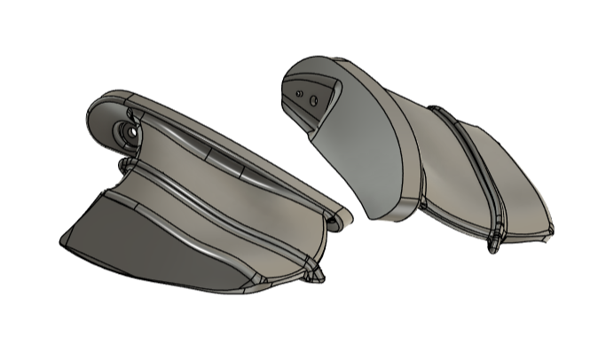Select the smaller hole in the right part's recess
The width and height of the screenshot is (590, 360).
coord(302,90)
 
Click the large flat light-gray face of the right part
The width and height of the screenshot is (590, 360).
coord(364,151)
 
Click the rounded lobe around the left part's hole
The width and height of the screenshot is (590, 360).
coord(111,124)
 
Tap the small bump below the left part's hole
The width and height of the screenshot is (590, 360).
coord(122,166)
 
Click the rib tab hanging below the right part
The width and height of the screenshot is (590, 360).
coord(493,242)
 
